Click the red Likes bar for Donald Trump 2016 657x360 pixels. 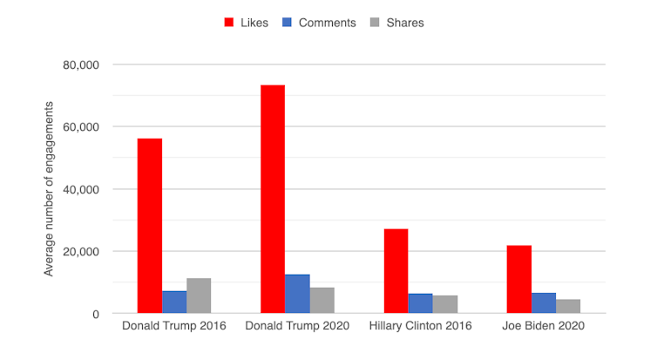(x=149, y=226)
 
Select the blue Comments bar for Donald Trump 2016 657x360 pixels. (x=174, y=302)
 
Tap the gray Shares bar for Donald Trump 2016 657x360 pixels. (x=199, y=295)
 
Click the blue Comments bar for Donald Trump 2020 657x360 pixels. (x=297, y=294)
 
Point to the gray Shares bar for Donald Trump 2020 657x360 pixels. (x=322, y=300)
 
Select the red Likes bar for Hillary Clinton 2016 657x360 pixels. (x=396, y=271)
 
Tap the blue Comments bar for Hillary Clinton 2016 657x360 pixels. (x=421, y=303)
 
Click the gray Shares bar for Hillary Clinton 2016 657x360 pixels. (x=445, y=304)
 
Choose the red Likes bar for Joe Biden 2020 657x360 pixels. (x=519, y=279)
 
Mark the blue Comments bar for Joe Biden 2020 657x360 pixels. (x=544, y=302)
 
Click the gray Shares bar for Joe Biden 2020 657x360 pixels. (x=568, y=306)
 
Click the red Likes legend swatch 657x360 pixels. (x=231, y=23)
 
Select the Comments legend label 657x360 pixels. (x=327, y=23)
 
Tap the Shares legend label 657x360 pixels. (x=404, y=23)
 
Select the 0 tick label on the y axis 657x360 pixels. (x=97, y=314)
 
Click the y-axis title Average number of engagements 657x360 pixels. (x=50, y=189)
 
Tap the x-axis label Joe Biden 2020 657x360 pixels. (x=544, y=326)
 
